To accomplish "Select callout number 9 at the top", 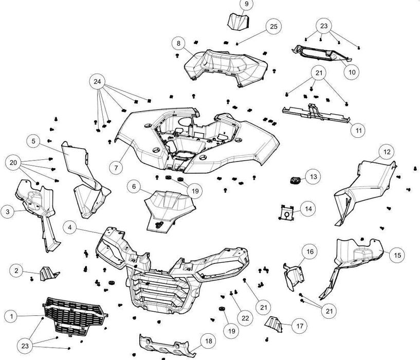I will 246,5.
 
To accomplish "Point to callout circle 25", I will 273,26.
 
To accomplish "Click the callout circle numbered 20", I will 14,163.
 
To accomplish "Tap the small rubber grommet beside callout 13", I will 294,179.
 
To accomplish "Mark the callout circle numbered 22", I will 245,318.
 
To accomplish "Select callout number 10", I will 352,73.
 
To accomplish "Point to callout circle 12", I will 387,152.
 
